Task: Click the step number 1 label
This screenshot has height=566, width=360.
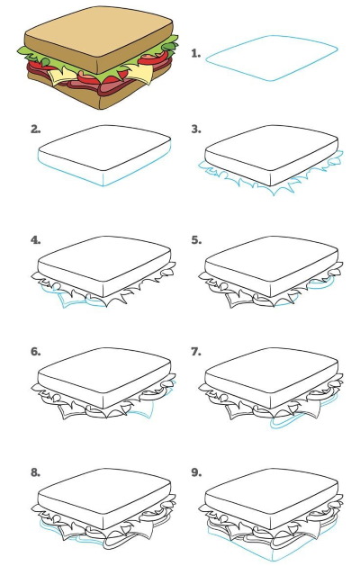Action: click(x=195, y=54)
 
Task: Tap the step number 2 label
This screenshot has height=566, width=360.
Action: click(x=35, y=130)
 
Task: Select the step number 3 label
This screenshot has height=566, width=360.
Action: click(x=196, y=130)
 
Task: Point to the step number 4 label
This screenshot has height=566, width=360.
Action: click(x=35, y=240)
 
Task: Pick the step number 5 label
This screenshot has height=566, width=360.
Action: click(x=196, y=240)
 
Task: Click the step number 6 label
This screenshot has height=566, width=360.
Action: click(x=35, y=351)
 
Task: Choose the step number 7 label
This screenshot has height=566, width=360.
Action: click(x=196, y=351)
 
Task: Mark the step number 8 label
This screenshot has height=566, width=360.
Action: click(x=35, y=472)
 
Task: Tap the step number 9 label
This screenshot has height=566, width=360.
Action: click(x=196, y=472)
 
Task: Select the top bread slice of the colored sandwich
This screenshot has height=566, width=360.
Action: click(x=97, y=36)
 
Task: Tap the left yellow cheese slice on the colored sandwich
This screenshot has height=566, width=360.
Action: click(x=61, y=75)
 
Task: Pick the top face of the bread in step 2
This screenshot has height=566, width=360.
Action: click(x=104, y=148)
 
